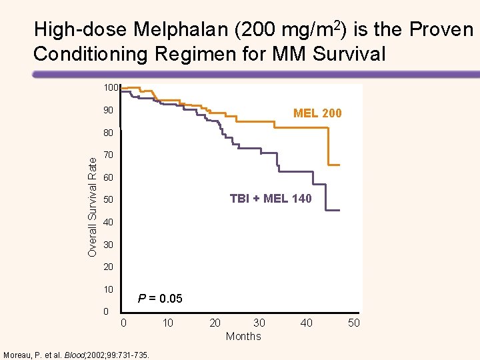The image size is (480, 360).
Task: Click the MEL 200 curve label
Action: (x=317, y=113)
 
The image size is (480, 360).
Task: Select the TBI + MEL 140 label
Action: (x=270, y=198)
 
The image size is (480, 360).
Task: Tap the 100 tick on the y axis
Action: (x=110, y=88)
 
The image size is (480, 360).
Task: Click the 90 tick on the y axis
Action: (x=109, y=110)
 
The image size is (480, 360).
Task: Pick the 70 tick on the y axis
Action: (x=109, y=155)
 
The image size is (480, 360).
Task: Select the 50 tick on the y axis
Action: (x=109, y=200)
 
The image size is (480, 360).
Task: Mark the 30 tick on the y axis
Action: (x=109, y=245)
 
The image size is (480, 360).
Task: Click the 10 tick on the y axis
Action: (x=109, y=289)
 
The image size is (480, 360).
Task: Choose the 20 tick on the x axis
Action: (x=215, y=323)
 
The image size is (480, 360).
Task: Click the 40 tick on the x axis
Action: (x=306, y=323)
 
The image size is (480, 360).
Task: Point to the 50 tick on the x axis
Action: (x=353, y=323)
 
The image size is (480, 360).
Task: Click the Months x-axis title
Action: (x=243, y=336)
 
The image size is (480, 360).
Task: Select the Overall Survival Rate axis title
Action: (x=93, y=203)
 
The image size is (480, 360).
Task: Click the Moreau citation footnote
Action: (x=76, y=353)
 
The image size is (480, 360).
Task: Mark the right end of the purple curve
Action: (x=339, y=211)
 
